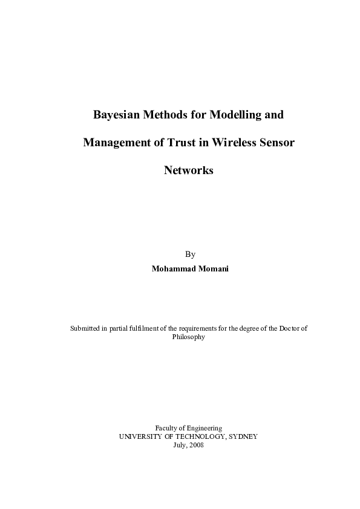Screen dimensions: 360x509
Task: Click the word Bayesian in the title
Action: (x=115, y=114)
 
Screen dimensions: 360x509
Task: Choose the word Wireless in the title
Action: (x=234, y=143)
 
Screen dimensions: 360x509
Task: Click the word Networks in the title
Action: (x=189, y=170)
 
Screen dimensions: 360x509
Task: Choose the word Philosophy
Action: (x=189, y=337)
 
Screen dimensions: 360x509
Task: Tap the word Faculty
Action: (x=168, y=427)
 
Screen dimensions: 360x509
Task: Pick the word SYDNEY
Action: (x=242, y=436)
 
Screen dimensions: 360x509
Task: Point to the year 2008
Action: (x=197, y=444)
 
